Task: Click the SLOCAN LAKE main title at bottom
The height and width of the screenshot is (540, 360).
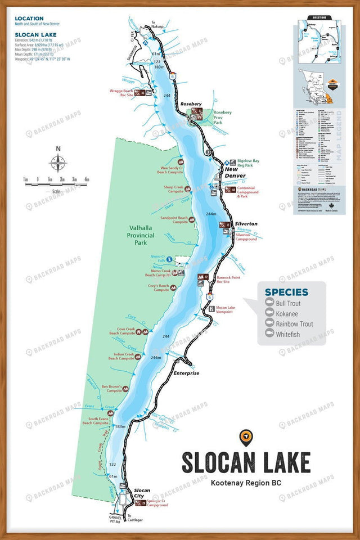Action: coord(246,462)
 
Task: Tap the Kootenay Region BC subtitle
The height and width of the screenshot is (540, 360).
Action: coord(246,483)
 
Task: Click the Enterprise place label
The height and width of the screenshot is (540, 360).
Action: coord(186,373)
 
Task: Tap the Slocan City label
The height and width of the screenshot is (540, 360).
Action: coord(142,493)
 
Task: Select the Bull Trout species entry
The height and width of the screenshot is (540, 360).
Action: coord(288,304)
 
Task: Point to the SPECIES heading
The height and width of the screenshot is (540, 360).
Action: coord(286,292)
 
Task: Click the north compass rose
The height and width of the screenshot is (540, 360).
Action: coord(58,163)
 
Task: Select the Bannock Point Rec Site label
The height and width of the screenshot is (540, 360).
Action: coord(228,280)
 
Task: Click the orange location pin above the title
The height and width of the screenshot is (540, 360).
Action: coord(245,436)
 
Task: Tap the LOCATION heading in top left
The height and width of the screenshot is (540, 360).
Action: coord(29,19)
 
